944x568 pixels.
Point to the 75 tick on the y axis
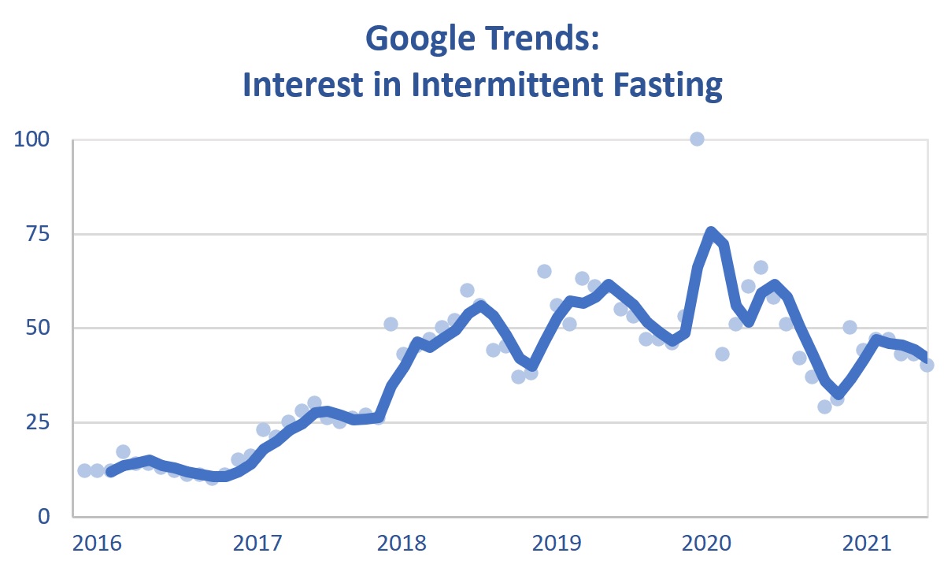(43, 234)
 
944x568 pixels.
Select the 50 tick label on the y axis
(43, 328)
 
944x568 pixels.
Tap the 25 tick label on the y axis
(43, 422)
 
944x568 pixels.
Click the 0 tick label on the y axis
(50, 516)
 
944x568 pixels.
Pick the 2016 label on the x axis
(97, 544)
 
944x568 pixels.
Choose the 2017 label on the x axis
(257, 544)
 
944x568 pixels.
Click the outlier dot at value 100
(697, 139)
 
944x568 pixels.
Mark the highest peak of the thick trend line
(711, 232)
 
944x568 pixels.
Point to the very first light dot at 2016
(84, 470)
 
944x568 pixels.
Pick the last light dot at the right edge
(927, 365)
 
